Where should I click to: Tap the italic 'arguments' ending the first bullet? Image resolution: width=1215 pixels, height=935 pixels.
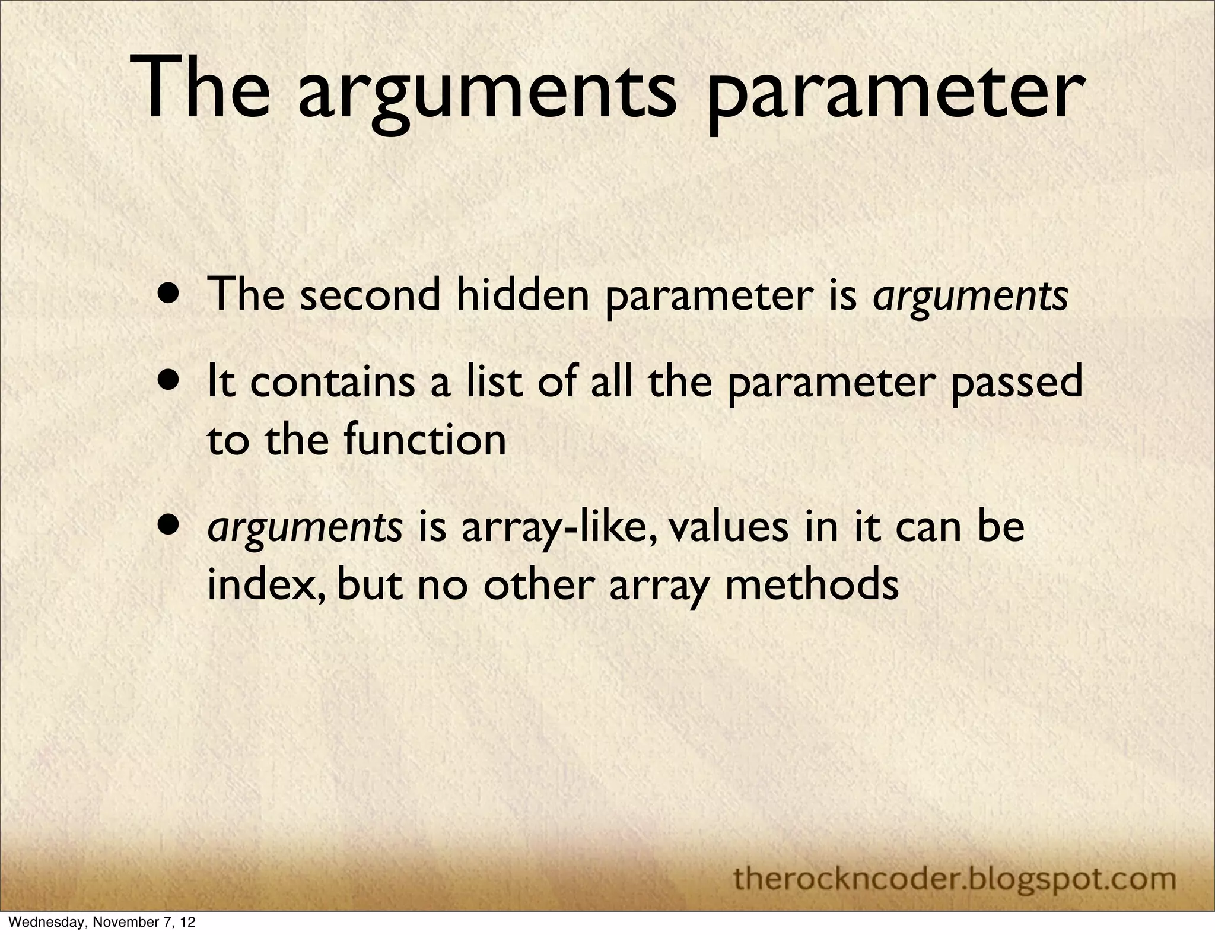point(971,295)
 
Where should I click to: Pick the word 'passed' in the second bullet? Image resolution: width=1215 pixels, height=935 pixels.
point(1017,383)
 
